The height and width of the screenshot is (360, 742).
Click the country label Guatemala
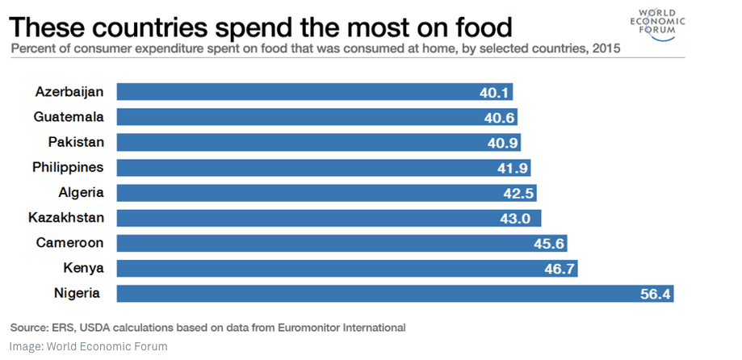(x=69, y=117)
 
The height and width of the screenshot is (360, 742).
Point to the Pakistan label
(x=75, y=142)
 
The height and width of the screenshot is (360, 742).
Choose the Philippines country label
(x=68, y=168)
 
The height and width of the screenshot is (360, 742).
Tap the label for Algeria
(x=81, y=193)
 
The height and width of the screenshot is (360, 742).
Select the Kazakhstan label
(x=66, y=218)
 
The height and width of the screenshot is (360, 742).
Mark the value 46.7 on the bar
(x=560, y=269)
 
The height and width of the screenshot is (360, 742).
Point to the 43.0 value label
(x=523, y=219)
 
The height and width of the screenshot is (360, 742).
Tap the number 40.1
(x=494, y=93)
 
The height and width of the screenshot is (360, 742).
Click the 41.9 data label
(x=513, y=168)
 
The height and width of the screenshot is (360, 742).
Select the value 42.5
(x=518, y=194)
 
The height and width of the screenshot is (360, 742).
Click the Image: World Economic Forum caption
(x=89, y=346)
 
